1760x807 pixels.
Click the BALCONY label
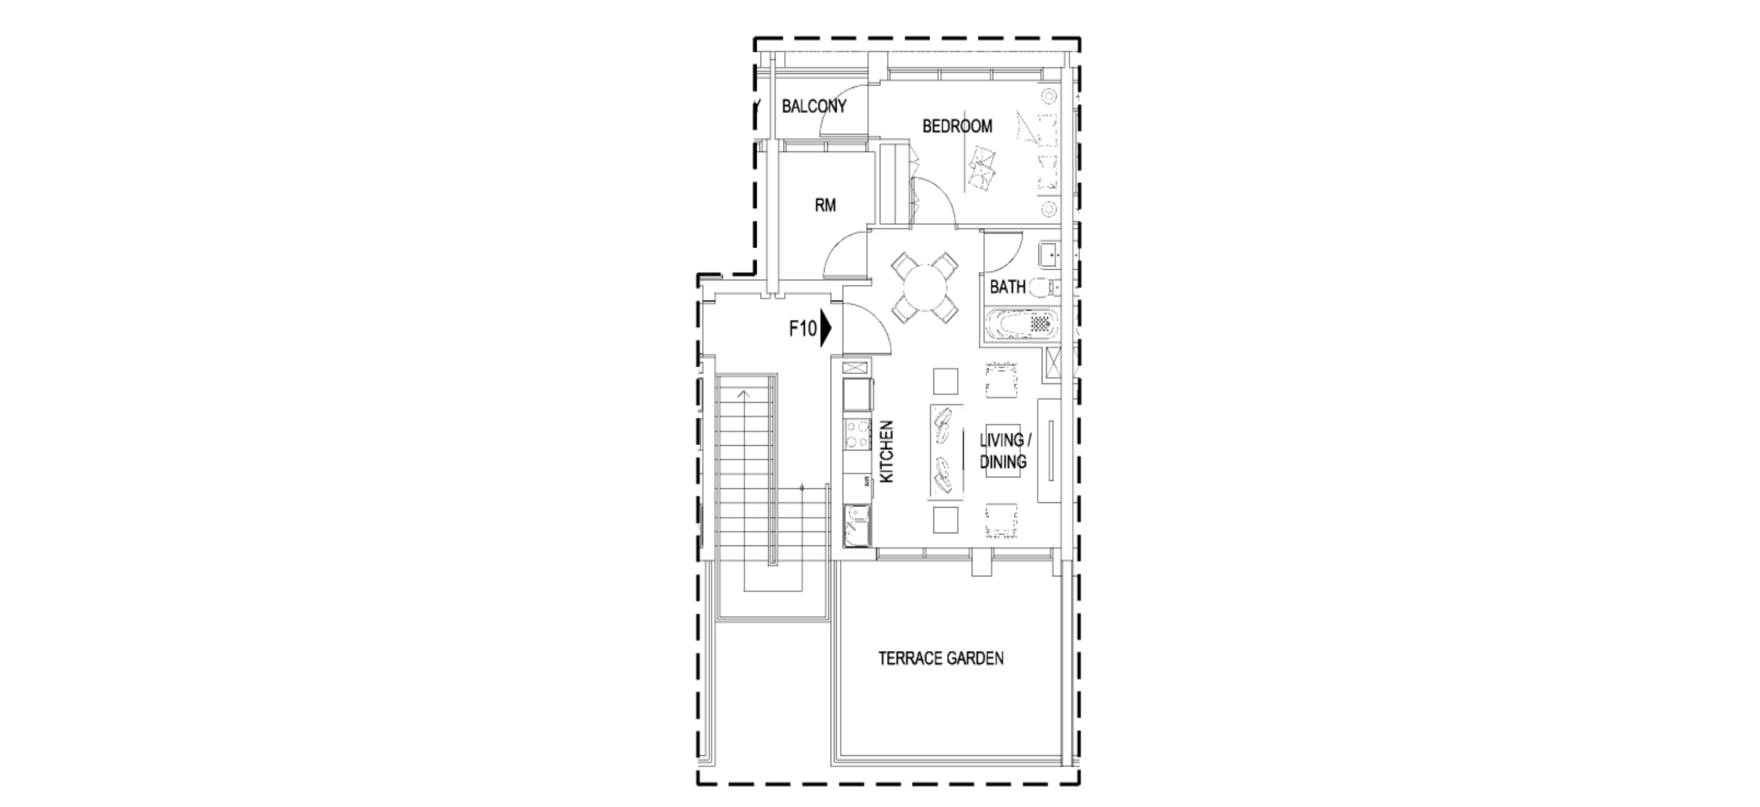pos(814,107)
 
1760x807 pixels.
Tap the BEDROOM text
pos(957,126)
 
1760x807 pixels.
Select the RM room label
pos(825,205)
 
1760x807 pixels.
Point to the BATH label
pos(1007,287)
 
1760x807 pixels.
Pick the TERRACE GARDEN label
pos(941,659)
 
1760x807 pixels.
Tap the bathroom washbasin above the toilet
pos(1048,256)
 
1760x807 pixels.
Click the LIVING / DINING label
pos(1003,451)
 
